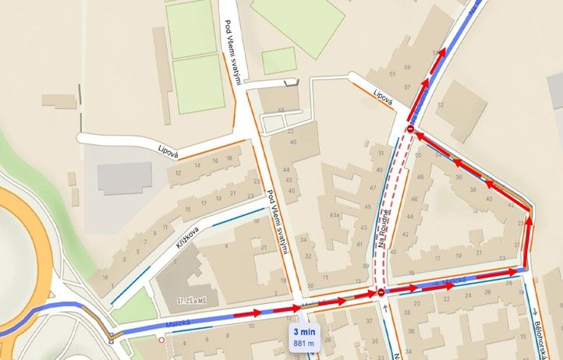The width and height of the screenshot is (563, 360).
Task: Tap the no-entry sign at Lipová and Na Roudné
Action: click(x=410, y=129)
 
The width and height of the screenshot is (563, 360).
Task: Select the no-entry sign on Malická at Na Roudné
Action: click(x=381, y=292)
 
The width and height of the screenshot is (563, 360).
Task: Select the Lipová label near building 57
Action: click(x=381, y=98)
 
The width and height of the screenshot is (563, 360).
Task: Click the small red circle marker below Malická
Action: click(x=161, y=340)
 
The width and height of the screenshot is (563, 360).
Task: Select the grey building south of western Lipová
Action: click(x=122, y=178)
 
